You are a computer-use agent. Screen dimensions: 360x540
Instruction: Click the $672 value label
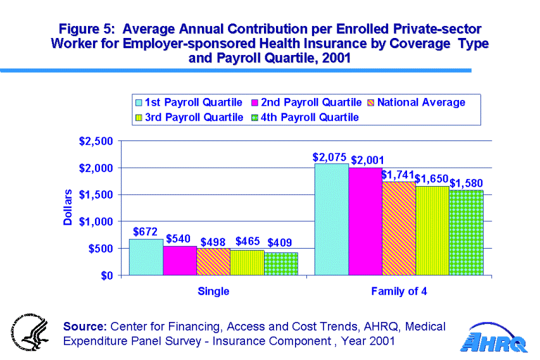pyautogui.click(x=145, y=232)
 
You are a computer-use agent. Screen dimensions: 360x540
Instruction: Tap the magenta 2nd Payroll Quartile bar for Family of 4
pyautogui.click(x=365, y=221)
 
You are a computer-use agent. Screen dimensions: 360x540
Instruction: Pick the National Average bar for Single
pyautogui.click(x=213, y=262)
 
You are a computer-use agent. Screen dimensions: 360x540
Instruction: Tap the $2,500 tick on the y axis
pyautogui.click(x=98, y=141)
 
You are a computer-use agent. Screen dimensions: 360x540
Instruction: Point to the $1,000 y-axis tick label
pyautogui.click(x=98, y=222)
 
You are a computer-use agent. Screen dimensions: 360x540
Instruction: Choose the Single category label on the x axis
pyautogui.click(x=213, y=292)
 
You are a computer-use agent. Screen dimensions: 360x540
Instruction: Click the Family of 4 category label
pyautogui.click(x=399, y=292)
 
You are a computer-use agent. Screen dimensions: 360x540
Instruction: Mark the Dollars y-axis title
pyautogui.click(x=68, y=208)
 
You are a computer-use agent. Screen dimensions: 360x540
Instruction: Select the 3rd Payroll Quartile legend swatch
pyautogui.click(x=138, y=118)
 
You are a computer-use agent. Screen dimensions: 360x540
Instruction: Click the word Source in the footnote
pyautogui.click(x=85, y=326)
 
